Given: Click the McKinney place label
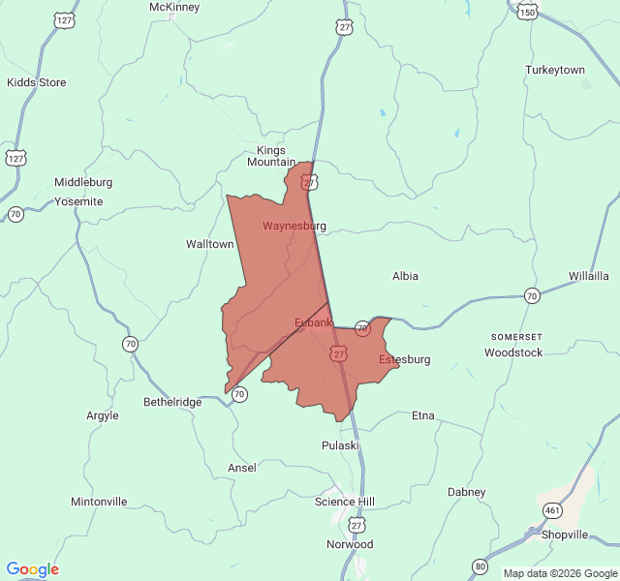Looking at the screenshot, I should click(x=174, y=8).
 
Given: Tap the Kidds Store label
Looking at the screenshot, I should click(x=37, y=82).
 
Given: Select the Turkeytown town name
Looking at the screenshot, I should click(x=555, y=71).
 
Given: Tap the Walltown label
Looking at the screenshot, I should click(x=210, y=244).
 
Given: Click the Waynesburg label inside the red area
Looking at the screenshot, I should click(x=294, y=226).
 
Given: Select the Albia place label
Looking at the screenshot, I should click(x=405, y=276).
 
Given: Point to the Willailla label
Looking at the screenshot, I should click(x=588, y=276).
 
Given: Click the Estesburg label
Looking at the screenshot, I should click(x=404, y=360).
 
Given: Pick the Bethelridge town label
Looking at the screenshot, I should click(x=172, y=402).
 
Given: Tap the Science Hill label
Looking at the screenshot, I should click(x=345, y=502).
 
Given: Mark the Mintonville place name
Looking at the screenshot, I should click(x=99, y=502).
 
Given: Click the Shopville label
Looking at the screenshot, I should click(x=565, y=535).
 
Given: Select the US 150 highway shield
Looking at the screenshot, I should click(x=527, y=11).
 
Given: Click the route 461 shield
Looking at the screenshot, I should click(x=552, y=509).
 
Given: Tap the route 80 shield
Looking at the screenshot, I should click(x=480, y=566).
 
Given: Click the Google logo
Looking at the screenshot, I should click(x=32, y=569).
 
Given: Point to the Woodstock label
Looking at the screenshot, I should click(x=513, y=352).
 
